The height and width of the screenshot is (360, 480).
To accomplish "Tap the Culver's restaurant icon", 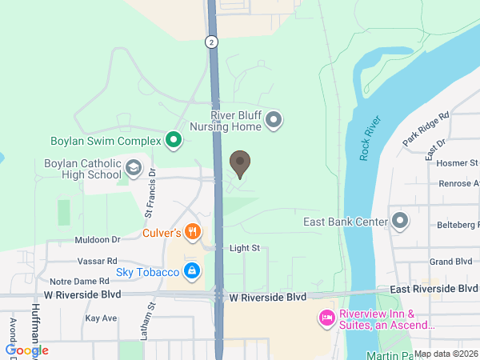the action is click(192, 233).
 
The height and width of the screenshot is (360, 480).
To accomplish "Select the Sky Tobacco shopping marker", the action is click(192, 272).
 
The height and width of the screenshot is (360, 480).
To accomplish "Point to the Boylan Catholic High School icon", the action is click(134, 169).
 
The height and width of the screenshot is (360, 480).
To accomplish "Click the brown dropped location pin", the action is click(239, 164).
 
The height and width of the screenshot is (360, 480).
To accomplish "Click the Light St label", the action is click(245, 248).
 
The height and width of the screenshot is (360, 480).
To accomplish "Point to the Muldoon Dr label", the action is click(97, 239).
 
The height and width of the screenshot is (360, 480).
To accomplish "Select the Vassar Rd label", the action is click(98, 261).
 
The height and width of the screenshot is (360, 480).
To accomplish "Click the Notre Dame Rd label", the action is click(79, 282).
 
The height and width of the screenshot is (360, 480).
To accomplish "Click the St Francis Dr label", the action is click(149, 193).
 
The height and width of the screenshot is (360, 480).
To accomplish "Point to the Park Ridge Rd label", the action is click(426, 128).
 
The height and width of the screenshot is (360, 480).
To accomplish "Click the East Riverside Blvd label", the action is click(434, 288).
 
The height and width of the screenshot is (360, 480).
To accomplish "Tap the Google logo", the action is click(27, 350).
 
